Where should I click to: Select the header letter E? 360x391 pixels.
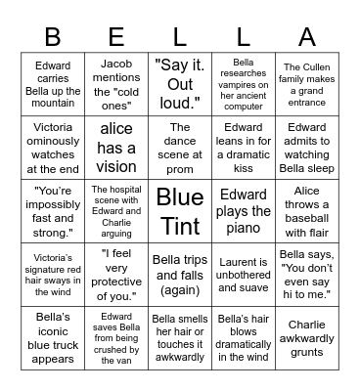[x=116, y=36]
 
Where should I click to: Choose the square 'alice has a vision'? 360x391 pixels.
[x=116, y=147]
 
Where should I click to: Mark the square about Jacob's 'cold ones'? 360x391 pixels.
[x=116, y=84]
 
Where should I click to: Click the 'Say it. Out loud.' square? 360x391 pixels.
[x=180, y=84]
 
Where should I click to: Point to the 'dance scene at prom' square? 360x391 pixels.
[x=180, y=147]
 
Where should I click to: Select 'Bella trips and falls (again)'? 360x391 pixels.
[x=180, y=273]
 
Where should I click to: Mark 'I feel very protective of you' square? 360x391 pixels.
[x=116, y=273]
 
